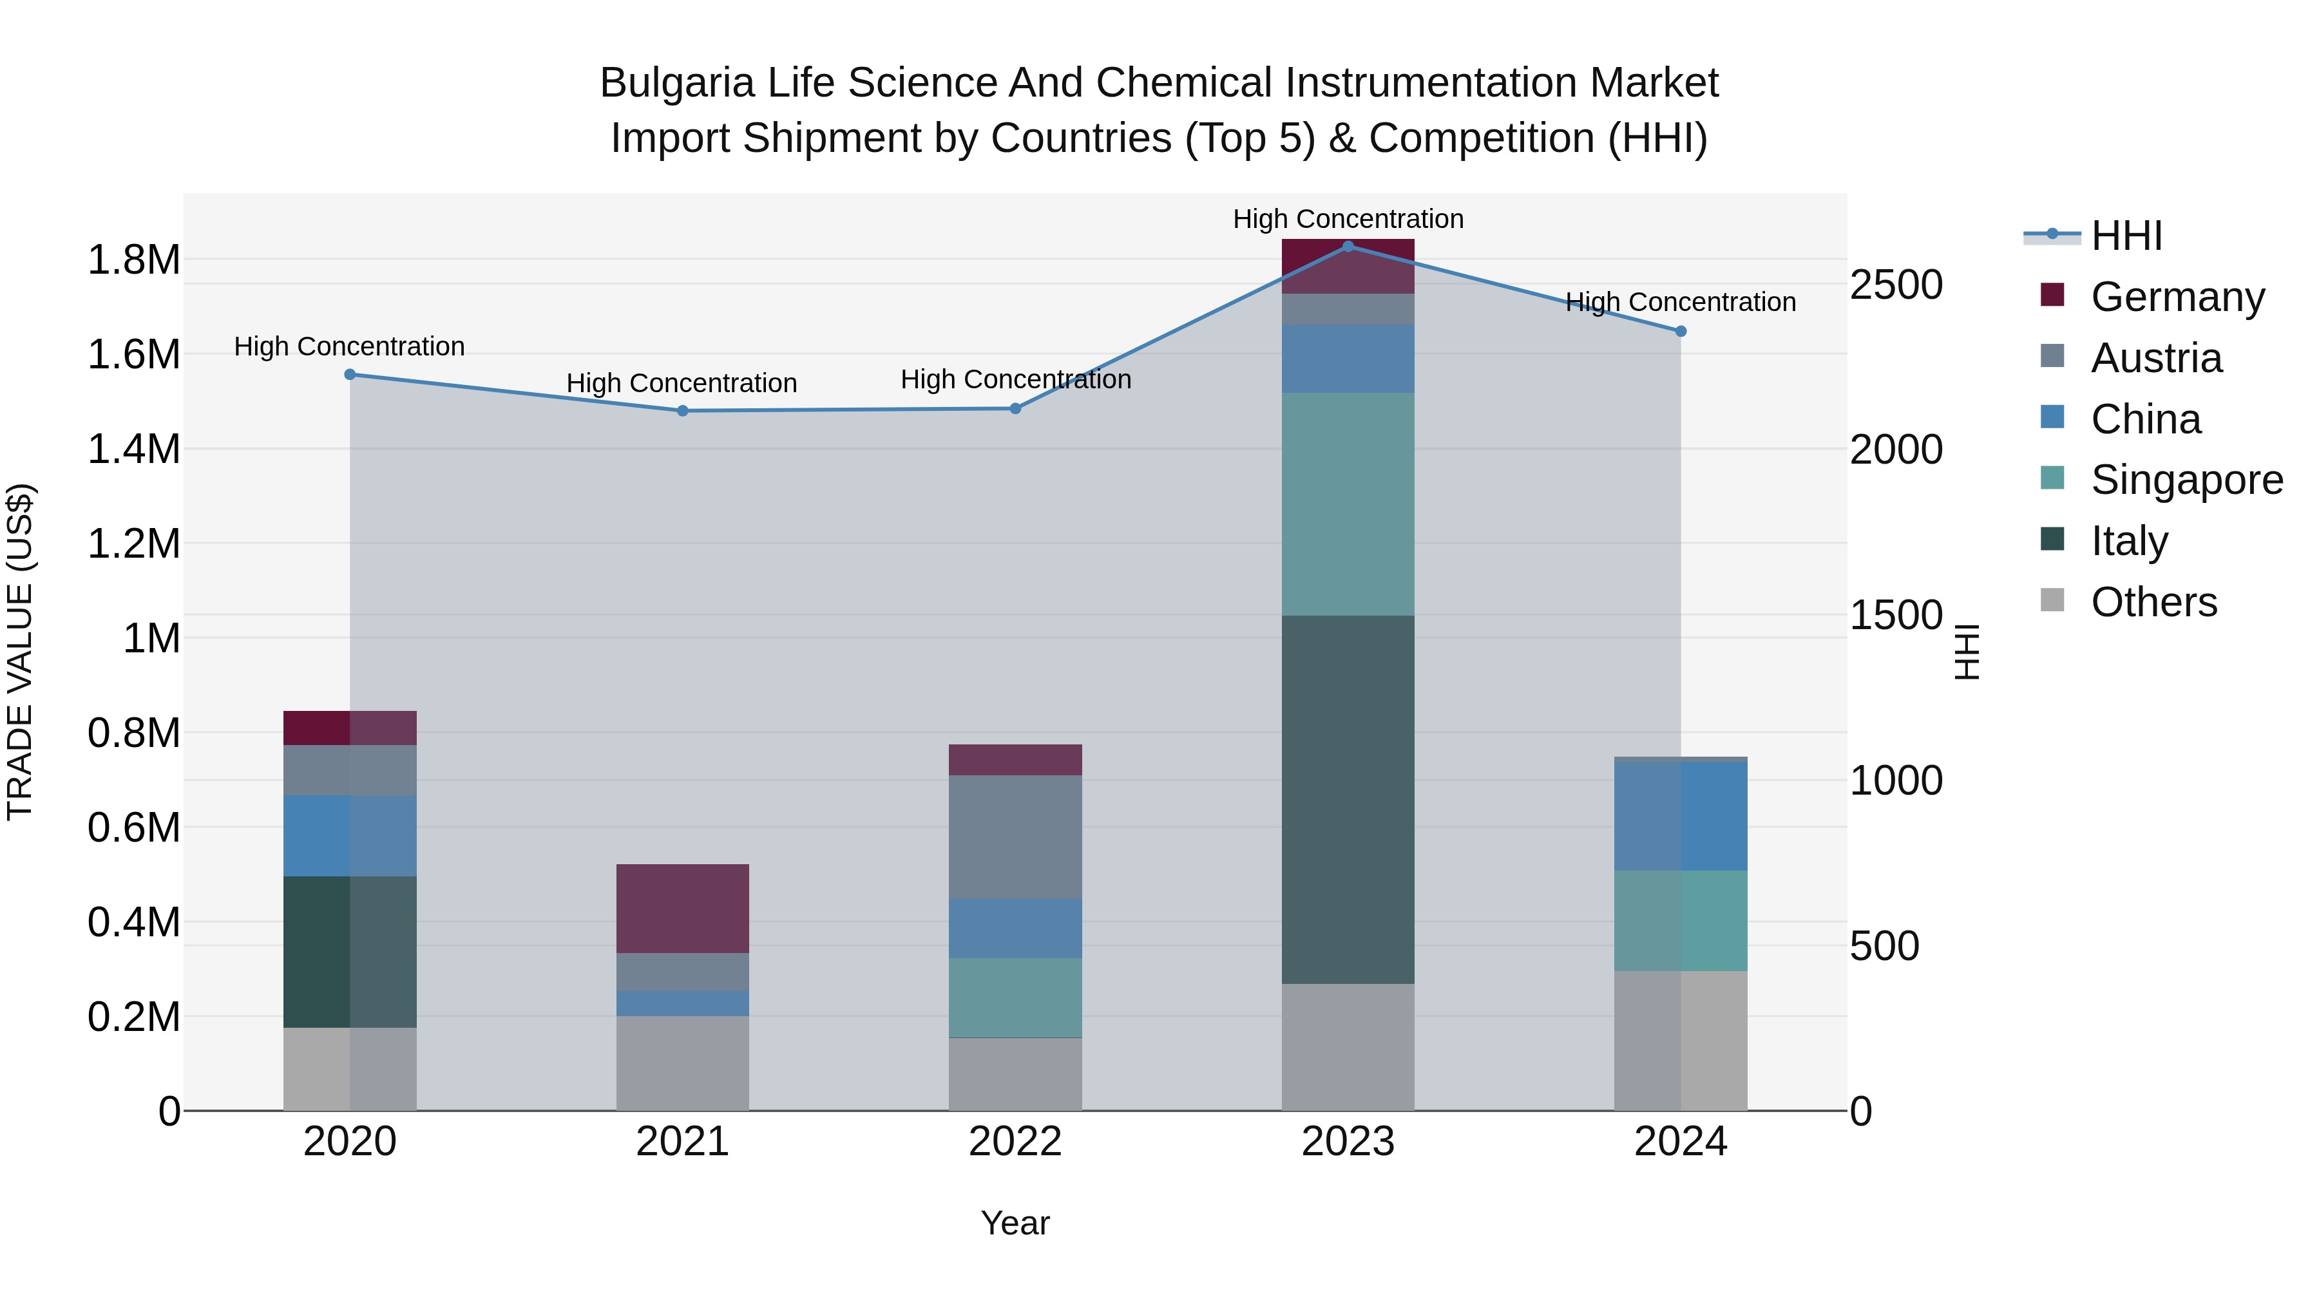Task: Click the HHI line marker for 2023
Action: (x=1348, y=246)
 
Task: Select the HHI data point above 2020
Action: (x=350, y=374)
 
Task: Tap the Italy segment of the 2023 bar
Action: (x=1348, y=799)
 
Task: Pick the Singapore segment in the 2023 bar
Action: (x=1348, y=504)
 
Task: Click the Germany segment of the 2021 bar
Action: (x=682, y=908)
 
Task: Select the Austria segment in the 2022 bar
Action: (x=1015, y=837)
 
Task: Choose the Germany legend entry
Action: (x=2177, y=297)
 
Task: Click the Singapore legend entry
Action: (x=2186, y=480)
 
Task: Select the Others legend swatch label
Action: (x=2153, y=602)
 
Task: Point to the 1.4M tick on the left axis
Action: (x=133, y=449)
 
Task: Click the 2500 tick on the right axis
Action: (x=1896, y=285)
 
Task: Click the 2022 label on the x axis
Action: (x=1015, y=1142)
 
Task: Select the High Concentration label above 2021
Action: (x=682, y=383)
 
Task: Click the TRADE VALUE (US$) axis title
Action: (x=20, y=652)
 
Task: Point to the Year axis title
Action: (x=1015, y=1223)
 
